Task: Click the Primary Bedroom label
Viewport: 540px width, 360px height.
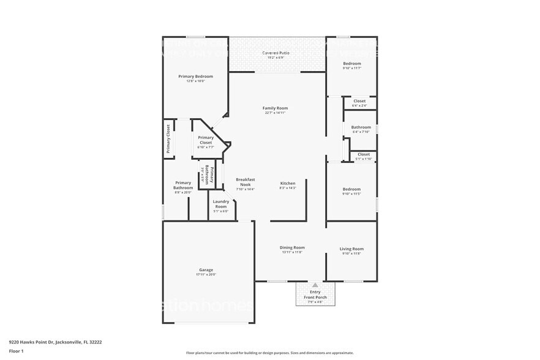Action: [195, 77]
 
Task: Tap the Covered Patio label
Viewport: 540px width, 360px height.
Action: [276, 53]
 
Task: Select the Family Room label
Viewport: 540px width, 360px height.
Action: [275, 108]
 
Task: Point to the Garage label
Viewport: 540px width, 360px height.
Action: [206, 269]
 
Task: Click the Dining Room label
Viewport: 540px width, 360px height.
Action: [292, 247]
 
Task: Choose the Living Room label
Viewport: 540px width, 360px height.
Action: [351, 249]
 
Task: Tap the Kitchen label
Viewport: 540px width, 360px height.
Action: [288, 183]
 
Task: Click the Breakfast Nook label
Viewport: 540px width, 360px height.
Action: [245, 182]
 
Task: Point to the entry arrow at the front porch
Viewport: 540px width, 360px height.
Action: [315, 285]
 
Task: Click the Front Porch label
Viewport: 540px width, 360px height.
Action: [315, 298]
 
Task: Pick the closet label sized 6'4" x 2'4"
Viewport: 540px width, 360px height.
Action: [359, 101]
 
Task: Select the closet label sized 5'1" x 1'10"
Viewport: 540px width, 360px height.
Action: [364, 154]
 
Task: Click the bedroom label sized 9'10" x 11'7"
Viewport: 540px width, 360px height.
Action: [351, 64]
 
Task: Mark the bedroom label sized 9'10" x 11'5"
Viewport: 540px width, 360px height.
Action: [351, 189]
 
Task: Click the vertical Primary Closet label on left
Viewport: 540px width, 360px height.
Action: [168, 139]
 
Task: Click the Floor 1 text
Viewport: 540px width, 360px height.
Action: [16, 351]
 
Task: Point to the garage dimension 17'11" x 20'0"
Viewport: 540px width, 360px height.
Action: [206, 274]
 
